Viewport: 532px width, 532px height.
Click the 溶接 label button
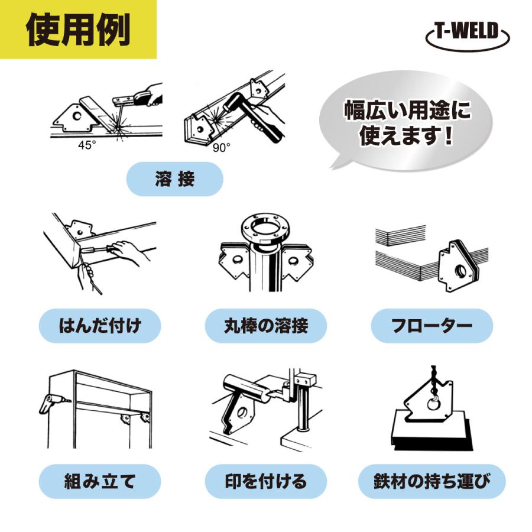coord(174,179)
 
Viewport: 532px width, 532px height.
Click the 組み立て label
coord(100,481)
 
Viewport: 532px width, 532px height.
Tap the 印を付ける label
coord(266,481)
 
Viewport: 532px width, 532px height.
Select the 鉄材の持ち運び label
coord(432,481)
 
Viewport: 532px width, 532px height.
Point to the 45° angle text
coord(86,145)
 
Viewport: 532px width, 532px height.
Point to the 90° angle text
coord(221,148)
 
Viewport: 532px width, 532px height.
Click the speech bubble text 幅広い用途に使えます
coord(408,124)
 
